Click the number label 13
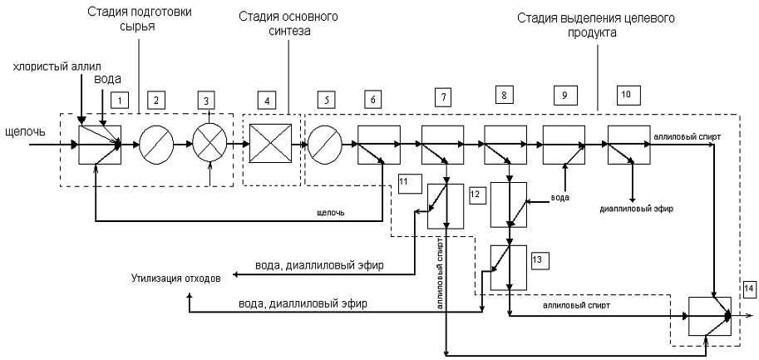(x=538, y=259)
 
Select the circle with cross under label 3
(x=209, y=144)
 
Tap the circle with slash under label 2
(x=155, y=144)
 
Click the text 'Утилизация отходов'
(x=175, y=279)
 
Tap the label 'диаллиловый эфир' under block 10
(x=636, y=209)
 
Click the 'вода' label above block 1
(x=106, y=79)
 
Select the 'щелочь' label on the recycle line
(x=331, y=214)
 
